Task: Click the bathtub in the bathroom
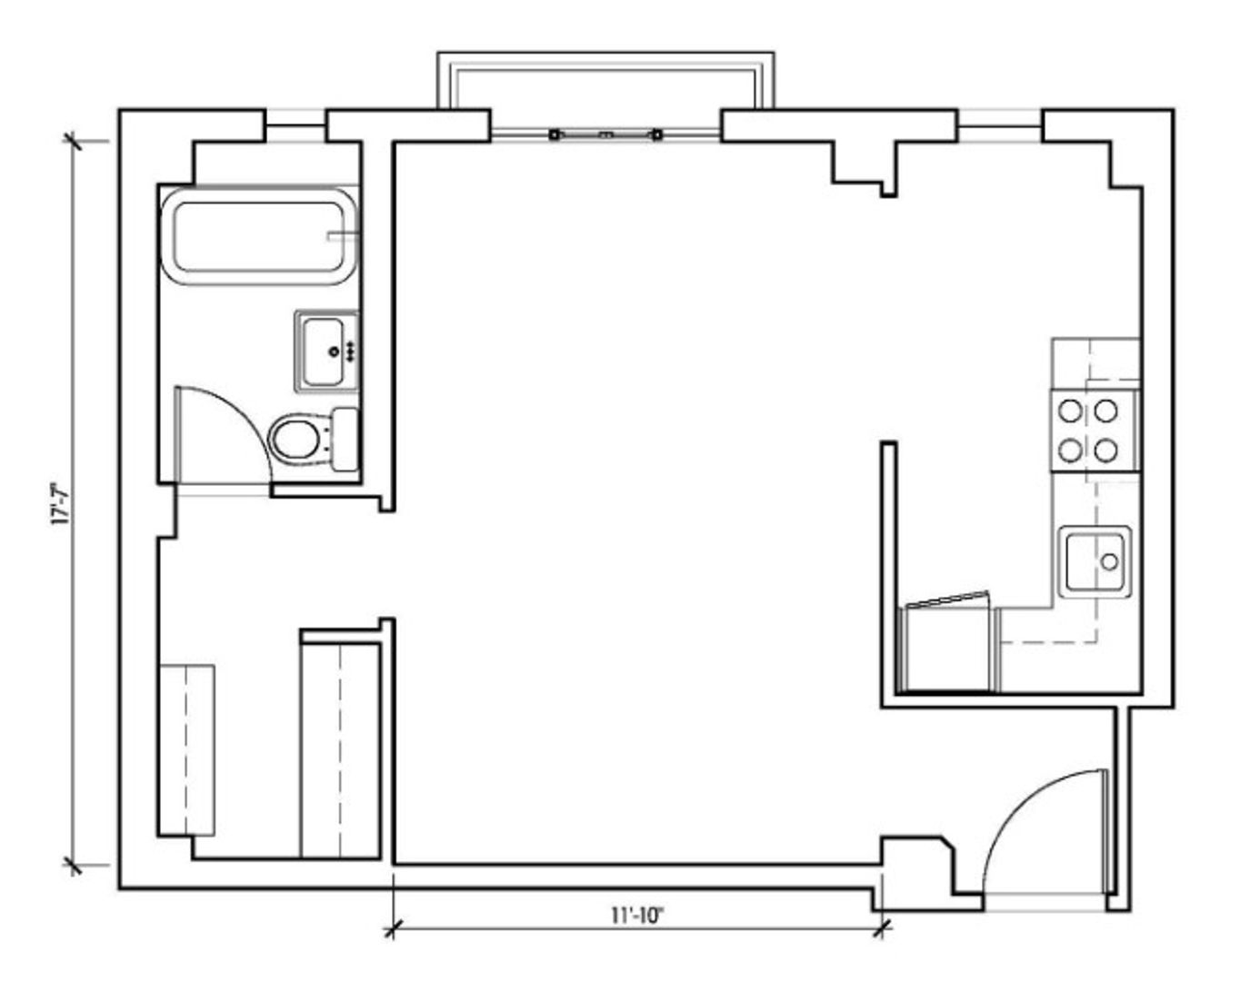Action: [x=260, y=236]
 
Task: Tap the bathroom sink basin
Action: [x=324, y=352]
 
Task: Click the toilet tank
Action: [x=345, y=439]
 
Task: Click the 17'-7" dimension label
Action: [x=61, y=503]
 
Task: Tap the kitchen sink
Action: [x=1095, y=562]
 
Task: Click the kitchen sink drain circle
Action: [x=1110, y=562]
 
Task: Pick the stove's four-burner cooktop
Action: [x=1095, y=431]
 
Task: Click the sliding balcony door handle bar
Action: [x=605, y=135]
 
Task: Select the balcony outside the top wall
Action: [x=605, y=81]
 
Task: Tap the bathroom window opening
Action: [x=296, y=125]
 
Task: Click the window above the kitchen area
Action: [x=1000, y=125]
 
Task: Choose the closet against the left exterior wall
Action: [x=187, y=749]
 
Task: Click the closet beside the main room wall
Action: [x=340, y=752]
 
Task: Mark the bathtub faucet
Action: [x=344, y=235]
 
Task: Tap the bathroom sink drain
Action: [x=334, y=352]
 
